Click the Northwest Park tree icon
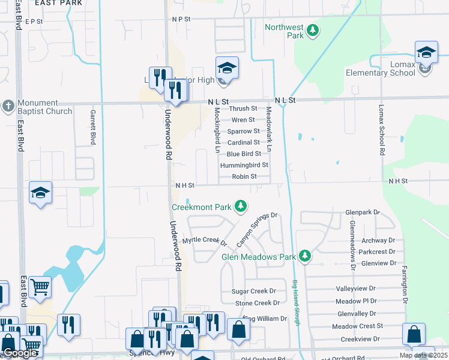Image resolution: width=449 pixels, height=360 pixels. (312, 29)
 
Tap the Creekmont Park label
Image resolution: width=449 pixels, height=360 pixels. (202, 207)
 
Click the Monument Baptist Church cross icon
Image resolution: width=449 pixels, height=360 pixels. (8, 106)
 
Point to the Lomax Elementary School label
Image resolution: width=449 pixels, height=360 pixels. (381, 73)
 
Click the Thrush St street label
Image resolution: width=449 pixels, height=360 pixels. (243, 109)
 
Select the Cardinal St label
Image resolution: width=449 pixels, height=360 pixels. (244, 143)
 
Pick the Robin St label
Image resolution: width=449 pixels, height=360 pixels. (244, 176)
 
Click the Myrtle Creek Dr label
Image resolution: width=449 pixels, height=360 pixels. (204, 241)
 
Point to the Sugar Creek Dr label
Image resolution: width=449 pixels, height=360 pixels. (254, 291)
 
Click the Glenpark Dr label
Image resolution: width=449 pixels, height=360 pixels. (363, 212)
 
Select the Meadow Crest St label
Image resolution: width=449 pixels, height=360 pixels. (357, 326)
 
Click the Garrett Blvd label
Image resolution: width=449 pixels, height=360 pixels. (93, 127)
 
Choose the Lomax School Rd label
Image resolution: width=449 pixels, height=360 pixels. (381, 130)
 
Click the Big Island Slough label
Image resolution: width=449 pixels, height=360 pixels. (296, 303)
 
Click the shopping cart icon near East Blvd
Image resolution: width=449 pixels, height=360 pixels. (40, 287)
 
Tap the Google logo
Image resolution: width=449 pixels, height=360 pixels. (20, 353)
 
